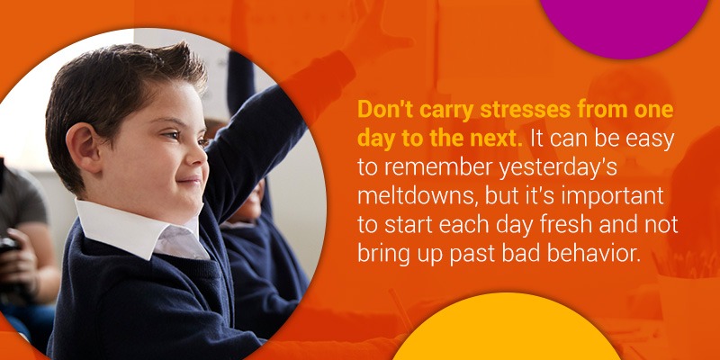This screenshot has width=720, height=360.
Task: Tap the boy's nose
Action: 197,156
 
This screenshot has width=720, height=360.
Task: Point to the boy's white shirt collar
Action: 138,228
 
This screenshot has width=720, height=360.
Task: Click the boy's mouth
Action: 193,180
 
